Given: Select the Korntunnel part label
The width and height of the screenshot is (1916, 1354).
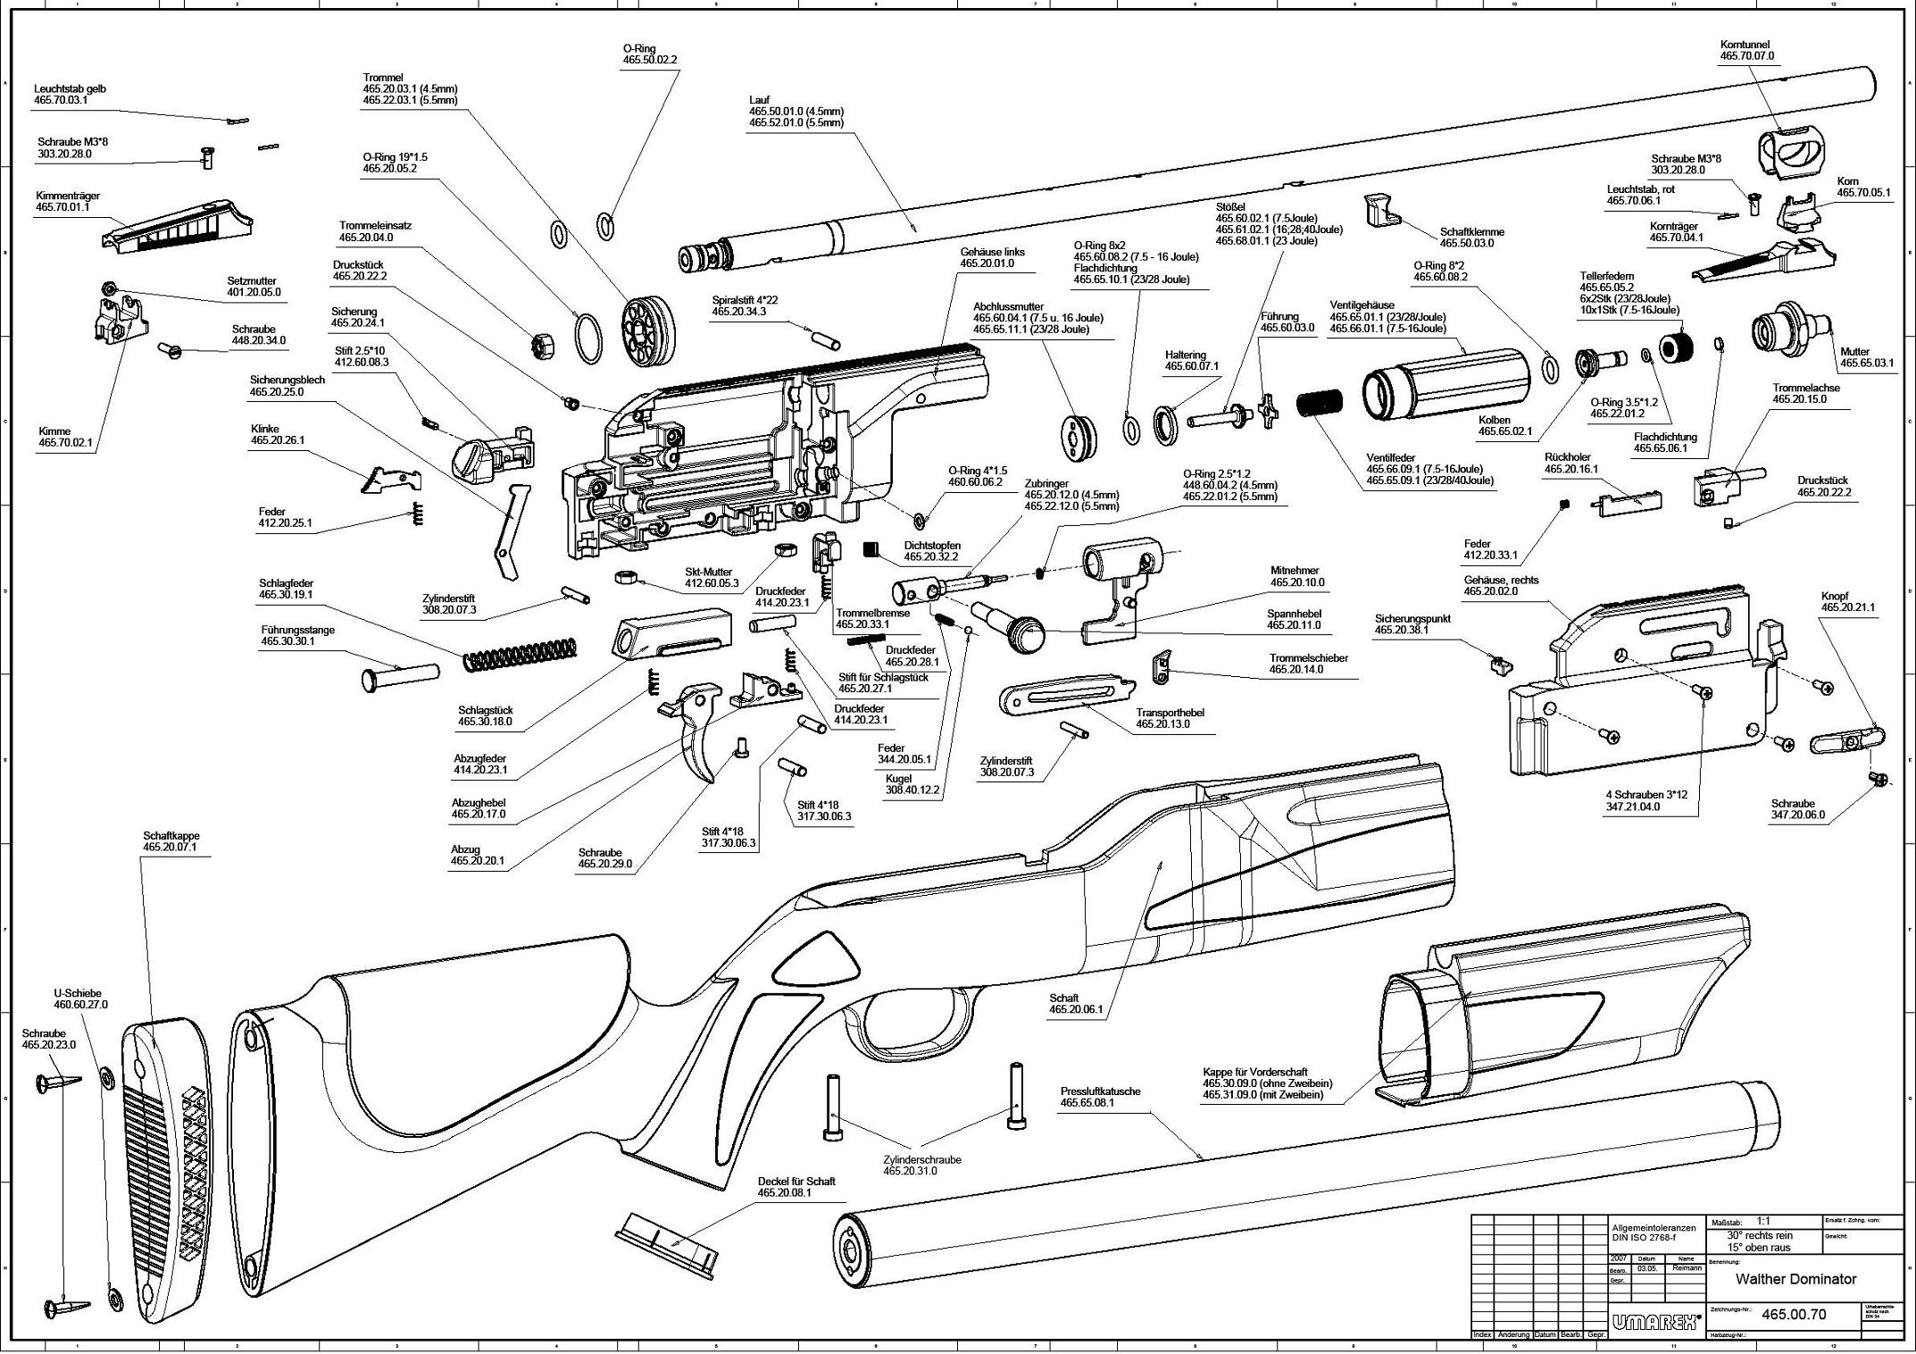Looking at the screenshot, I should (x=1745, y=45).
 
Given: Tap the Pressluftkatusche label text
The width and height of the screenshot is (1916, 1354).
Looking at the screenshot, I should (x=1100, y=1091).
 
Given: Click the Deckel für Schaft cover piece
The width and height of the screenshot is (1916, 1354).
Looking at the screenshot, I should (x=666, y=1241).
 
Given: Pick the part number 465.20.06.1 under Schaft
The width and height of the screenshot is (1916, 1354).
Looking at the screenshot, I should (x=1076, y=1010).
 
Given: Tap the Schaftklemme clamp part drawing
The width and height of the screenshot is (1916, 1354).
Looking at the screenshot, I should (x=1379, y=211).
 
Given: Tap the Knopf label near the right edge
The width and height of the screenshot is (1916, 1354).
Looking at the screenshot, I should (x=1835, y=596).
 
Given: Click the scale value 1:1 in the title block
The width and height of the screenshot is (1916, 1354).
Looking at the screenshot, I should (x=1764, y=1221).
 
